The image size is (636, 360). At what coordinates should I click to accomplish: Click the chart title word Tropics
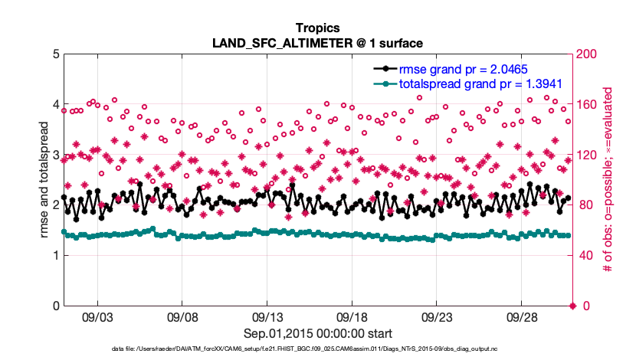coord(317,28)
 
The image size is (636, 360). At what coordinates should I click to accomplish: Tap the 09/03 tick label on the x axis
coord(97,317)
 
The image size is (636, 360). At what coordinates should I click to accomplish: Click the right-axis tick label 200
coord(588,54)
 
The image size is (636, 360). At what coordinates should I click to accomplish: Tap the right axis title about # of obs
coord(606,180)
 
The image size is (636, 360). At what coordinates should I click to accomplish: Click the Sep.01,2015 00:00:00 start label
coord(318,333)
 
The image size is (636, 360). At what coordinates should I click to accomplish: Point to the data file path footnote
coord(317,349)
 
